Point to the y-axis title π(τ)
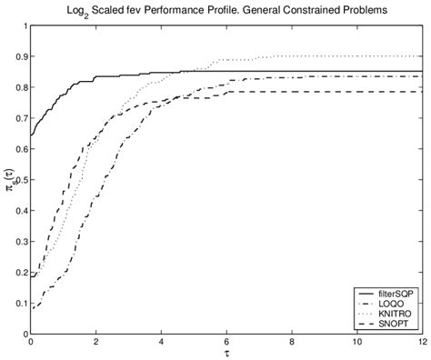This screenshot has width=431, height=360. click(7, 182)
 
